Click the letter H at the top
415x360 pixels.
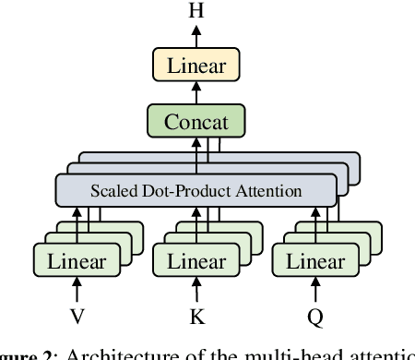(196, 11)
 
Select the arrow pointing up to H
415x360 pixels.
(196, 36)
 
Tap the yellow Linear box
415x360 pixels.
(196, 66)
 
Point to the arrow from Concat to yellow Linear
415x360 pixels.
(196, 93)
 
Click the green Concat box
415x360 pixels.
(196, 121)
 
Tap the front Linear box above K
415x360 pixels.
(196, 261)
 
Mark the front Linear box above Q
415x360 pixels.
(314, 261)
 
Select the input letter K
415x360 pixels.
(196, 317)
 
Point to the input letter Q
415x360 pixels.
(315, 317)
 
